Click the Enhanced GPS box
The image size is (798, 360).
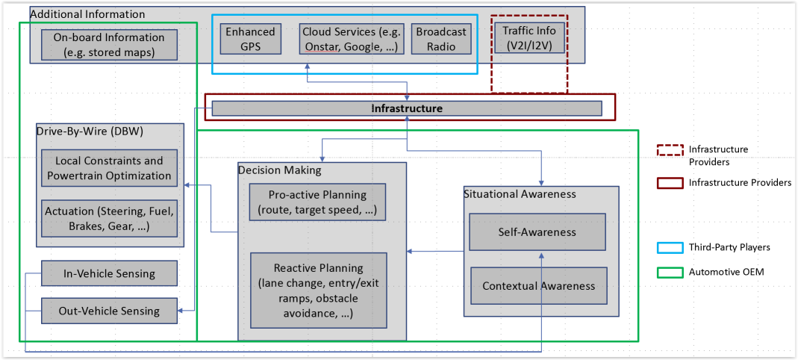(x=251, y=39)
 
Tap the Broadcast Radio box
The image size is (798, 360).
(x=441, y=39)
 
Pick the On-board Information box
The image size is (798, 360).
(x=109, y=45)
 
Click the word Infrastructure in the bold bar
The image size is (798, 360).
(x=407, y=108)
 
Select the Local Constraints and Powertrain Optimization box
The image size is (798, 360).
(x=109, y=168)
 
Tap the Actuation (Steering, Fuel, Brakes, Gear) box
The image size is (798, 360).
(x=109, y=219)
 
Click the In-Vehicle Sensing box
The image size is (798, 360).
(x=109, y=273)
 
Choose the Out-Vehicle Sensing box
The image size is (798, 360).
(x=109, y=311)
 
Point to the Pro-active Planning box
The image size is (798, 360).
(x=317, y=202)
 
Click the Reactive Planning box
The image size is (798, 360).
(x=319, y=291)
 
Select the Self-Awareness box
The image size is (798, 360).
(x=537, y=232)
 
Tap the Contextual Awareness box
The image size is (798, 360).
(x=538, y=286)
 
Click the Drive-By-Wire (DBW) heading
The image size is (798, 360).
(x=89, y=131)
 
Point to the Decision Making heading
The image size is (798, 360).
(x=279, y=170)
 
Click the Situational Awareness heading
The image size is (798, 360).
(x=520, y=193)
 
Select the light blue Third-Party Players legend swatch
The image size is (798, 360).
(x=670, y=247)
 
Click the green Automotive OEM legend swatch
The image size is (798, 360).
(x=670, y=272)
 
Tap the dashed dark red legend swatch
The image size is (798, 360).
(x=670, y=149)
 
